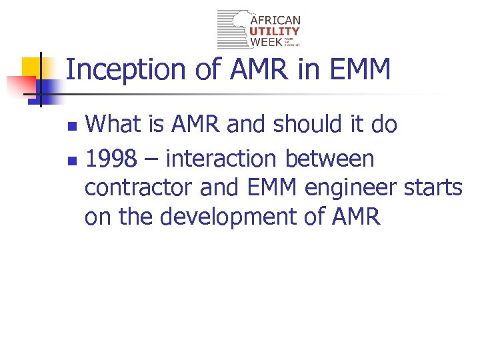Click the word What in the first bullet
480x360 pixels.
(113, 124)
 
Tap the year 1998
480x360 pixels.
(111, 159)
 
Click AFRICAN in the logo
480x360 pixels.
(275, 21)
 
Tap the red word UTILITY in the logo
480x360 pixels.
(275, 31)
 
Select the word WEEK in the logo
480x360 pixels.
(266, 42)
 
